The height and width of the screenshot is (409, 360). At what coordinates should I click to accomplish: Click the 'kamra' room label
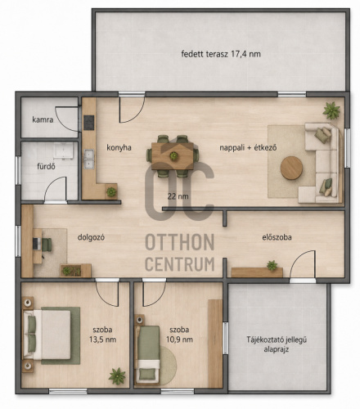[43, 119]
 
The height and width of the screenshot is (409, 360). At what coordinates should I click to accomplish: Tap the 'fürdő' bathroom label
[46, 166]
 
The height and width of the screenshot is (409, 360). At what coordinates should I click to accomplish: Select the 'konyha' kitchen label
[119, 148]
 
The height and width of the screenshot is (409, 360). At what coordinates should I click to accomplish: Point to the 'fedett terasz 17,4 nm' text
[221, 54]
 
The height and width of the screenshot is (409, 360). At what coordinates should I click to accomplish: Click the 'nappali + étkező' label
[248, 148]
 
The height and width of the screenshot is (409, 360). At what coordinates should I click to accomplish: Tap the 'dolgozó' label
[91, 237]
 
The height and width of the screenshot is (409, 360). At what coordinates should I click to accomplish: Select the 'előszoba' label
[277, 237]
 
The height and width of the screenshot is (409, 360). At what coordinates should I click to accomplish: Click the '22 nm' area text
[178, 196]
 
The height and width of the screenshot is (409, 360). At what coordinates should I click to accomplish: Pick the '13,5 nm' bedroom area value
[102, 339]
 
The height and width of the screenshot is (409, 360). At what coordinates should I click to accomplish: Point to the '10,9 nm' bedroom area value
[179, 339]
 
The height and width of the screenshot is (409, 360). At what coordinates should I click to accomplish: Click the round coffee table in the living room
[291, 168]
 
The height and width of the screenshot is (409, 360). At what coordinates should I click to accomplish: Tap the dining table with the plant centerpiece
[173, 156]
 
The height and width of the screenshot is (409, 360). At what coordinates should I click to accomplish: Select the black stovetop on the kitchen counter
[89, 123]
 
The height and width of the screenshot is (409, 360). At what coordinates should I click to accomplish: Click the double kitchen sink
[89, 159]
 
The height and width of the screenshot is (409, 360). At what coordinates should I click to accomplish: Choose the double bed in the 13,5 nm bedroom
[47, 335]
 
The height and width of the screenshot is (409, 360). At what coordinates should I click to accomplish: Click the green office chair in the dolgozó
[46, 245]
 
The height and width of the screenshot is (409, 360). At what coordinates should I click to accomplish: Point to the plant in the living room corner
[331, 110]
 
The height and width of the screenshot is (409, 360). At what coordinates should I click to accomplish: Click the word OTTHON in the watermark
[180, 242]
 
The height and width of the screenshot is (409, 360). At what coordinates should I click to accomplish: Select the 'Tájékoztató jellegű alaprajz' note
[277, 344]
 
